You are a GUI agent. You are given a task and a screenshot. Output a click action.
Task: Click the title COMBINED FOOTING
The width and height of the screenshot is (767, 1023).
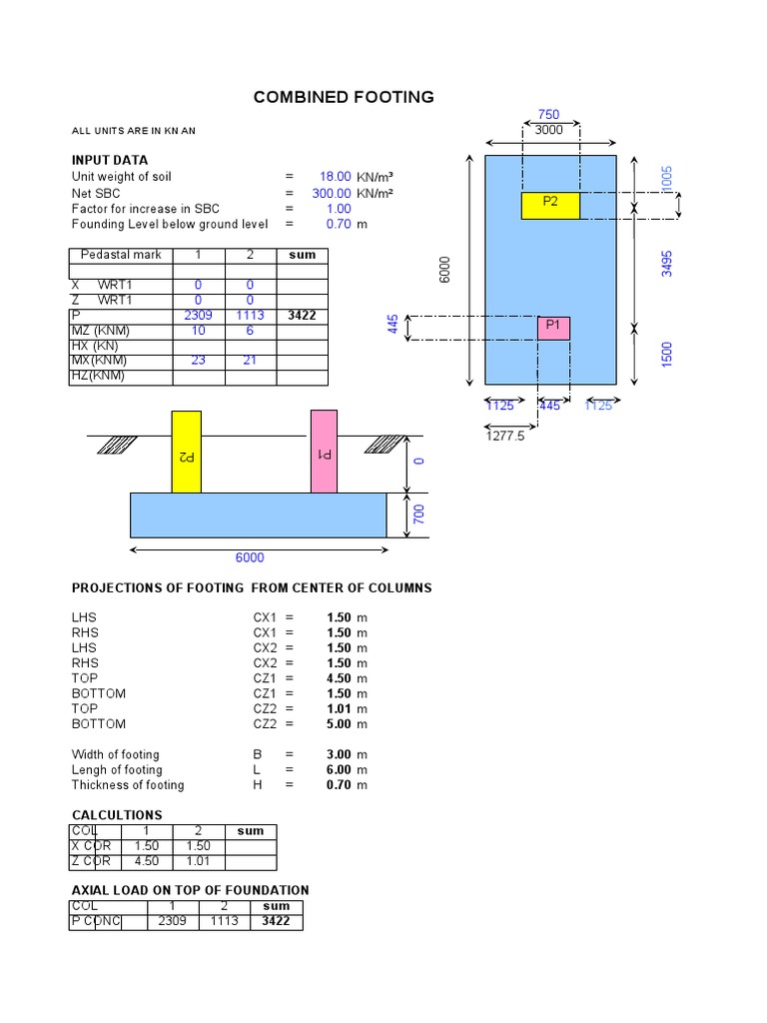pyautogui.click(x=344, y=97)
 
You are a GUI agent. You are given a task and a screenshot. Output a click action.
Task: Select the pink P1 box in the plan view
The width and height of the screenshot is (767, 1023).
pyautogui.click(x=553, y=327)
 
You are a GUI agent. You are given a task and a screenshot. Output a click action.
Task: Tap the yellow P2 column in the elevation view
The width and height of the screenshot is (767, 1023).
pyautogui.click(x=186, y=452)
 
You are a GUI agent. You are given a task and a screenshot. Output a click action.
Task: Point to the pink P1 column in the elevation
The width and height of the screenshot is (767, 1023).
pyautogui.click(x=324, y=451)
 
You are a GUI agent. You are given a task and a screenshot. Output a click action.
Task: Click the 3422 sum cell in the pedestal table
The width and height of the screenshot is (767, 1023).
pyautogui.click(x=302, y=316)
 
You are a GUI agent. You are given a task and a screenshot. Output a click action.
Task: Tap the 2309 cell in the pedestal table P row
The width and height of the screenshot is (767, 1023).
pyautogui.click(x=198, y=316)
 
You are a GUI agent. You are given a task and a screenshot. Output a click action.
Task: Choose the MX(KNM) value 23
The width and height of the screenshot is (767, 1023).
pyautogui.click(x=198, y=361)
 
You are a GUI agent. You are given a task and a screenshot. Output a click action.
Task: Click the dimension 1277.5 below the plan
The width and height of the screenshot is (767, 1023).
pyautogui.click(x=505, y=436)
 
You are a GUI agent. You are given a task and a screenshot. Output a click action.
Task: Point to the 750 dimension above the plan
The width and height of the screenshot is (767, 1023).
pyautogui.click(x=548, y=115)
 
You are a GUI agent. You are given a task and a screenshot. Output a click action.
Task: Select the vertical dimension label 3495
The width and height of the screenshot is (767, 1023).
pyautogui.click(x=667, y=263)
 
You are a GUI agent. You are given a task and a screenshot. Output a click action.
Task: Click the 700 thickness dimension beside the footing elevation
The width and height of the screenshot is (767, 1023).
pyautogui.click(x=419, y=514)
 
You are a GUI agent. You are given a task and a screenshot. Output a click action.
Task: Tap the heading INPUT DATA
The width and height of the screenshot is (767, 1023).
pyautogui.click(x=110, y=160)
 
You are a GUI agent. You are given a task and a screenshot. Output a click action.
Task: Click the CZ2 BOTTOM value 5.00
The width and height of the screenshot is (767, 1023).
pyautogui.click(x=339, y=723)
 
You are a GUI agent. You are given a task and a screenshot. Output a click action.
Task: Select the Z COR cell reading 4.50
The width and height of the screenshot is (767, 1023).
pyautogui.click(x=147, y=861)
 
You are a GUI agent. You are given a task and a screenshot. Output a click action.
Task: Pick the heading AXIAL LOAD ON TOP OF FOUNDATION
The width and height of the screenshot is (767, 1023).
pyautogui.click(x=190, y=890)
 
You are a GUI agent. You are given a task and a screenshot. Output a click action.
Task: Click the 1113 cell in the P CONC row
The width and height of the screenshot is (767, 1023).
pyautogui.click(x=224, y=921)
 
